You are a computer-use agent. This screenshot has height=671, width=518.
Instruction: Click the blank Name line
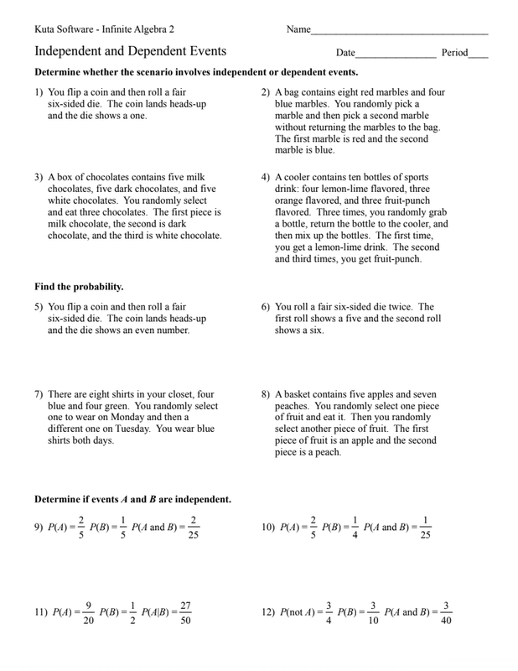[x=399, y=33]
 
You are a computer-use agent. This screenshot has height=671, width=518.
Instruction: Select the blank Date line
[x=396, y=56]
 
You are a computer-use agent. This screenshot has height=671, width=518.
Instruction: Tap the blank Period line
[x=479, y=56]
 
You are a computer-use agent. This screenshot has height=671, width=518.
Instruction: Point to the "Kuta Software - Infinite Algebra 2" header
[x=106, y=30]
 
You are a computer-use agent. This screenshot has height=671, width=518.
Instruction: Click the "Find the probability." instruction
[x=79, y=287]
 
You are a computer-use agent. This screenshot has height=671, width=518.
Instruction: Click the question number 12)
[x=269, y=612]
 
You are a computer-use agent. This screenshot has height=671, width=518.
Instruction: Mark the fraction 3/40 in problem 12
[x=447, y=612]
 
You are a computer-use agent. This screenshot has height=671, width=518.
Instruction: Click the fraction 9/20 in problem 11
[x=88, y=612]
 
